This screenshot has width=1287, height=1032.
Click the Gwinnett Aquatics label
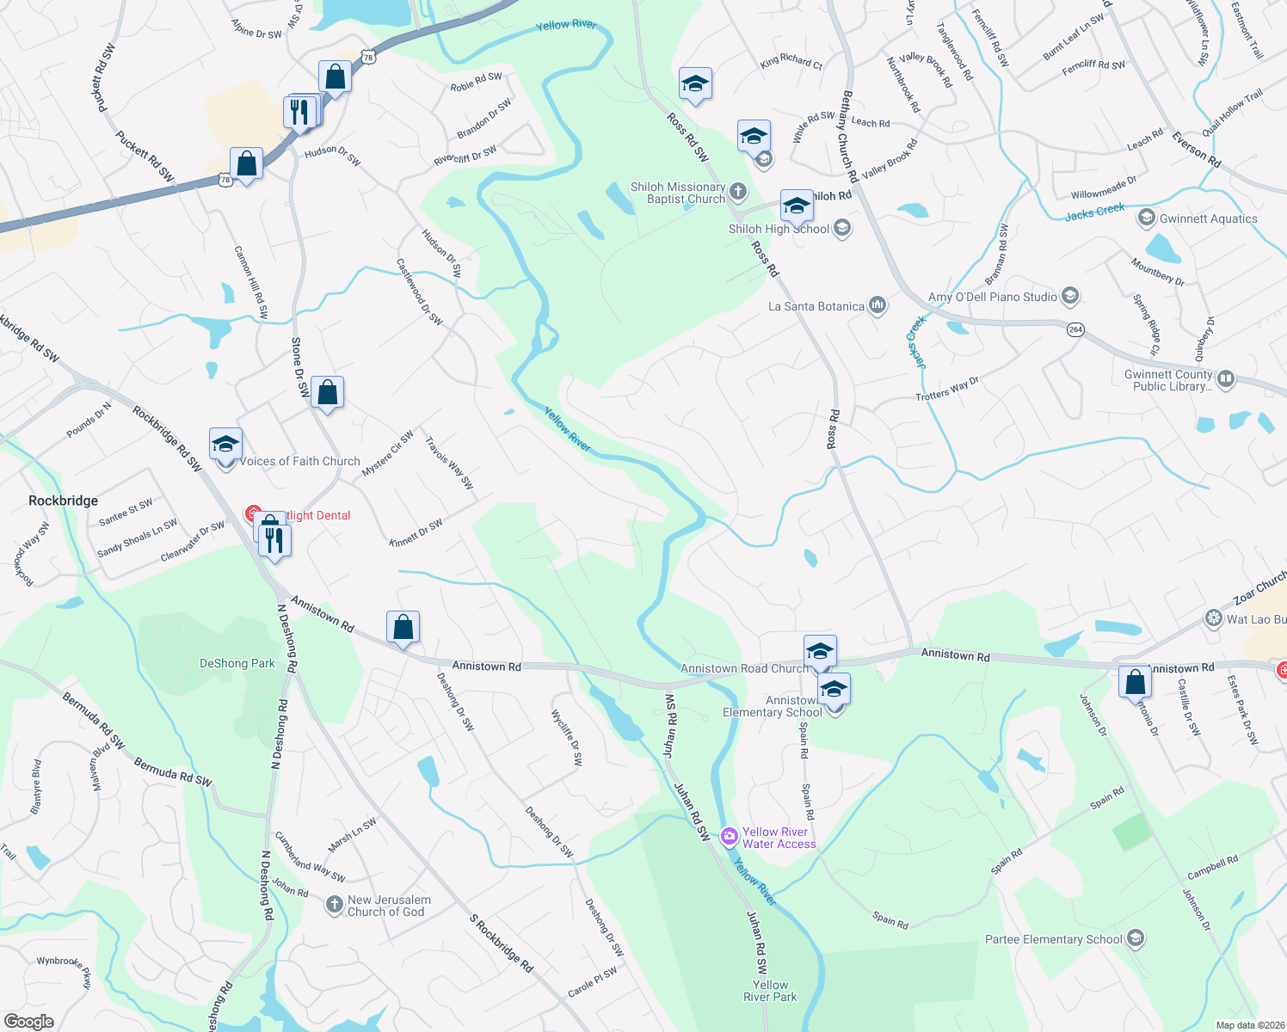coord(1208,218)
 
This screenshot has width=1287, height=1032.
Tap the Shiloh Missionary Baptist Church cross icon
coord(738,191)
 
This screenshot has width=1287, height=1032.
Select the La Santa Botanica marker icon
coord(877,305)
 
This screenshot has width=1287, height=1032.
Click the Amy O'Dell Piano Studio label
coord(992,297)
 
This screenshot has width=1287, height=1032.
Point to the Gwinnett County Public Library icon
coord(1226,378)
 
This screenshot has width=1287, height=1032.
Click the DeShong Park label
coord(237,663)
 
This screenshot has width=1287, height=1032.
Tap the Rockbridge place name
coord(63,501)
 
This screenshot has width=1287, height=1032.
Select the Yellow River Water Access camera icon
coord(730,836)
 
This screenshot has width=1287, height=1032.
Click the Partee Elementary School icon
coord(1135,938)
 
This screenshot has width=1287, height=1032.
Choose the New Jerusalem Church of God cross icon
coord(335,905)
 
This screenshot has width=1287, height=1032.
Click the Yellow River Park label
coord(770,991)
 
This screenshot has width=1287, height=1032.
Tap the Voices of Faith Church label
coord(299,461)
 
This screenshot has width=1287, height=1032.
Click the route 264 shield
coord(1075,329)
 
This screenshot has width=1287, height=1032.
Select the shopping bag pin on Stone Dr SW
coord(328,393)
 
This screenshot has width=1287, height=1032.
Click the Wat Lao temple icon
coord(1214,618)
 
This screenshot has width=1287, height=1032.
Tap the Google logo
coord(28,1021)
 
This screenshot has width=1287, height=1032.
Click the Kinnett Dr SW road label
coord(416,533)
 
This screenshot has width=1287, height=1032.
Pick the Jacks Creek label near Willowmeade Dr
coord(1094,212)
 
